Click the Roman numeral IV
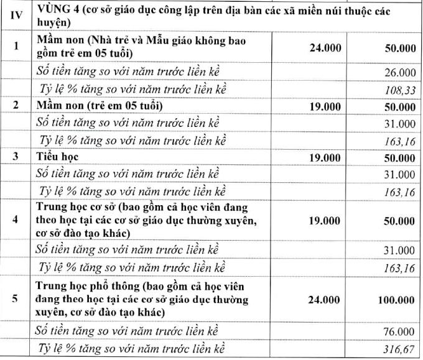coord(17,16)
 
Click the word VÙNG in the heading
coord(55,9)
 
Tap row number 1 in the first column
coord(17,47)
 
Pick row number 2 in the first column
coord(17,106)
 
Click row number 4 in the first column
coord(17,220)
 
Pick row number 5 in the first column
coord(17,299)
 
